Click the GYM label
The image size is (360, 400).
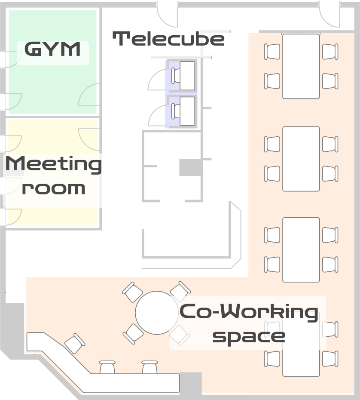click(52, 49)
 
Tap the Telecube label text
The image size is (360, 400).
click(168, 39)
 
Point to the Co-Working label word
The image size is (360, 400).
click(249, 312)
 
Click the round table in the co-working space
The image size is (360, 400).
click(156, 313)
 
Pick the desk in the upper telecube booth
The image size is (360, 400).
click(187, 76)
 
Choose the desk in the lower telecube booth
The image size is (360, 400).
click(187, 111)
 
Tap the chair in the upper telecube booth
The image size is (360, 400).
click(176, 76)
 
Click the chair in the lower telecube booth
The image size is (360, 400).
click(176, 111)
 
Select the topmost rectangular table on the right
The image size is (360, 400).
click(301, 66)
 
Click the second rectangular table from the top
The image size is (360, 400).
click(301, 159)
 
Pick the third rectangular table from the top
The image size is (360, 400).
click(301, 250)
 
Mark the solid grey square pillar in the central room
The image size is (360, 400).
click(191, 168)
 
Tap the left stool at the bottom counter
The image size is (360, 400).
click(107, 367)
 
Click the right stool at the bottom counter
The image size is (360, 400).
click(149, 367)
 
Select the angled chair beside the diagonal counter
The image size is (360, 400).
click(75, 343)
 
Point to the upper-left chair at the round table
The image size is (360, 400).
click(132, 292)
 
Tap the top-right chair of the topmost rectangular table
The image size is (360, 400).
click(330, 52)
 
